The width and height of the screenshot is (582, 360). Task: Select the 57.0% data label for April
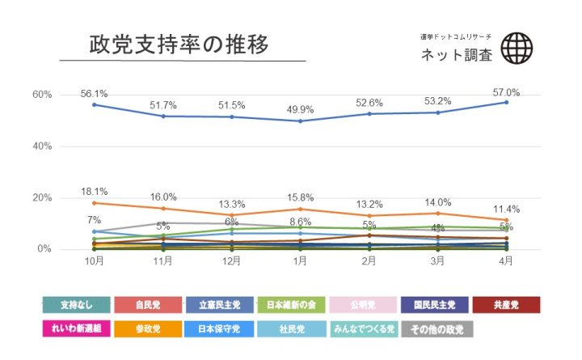(x=507, y=92)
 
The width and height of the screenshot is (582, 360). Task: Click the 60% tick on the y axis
(x=42, y=95)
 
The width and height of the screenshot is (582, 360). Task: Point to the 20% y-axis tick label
(x=42, y=198)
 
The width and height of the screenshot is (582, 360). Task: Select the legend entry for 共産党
(x=505, y=305)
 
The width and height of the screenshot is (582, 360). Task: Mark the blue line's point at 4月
(x=507, y=102)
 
